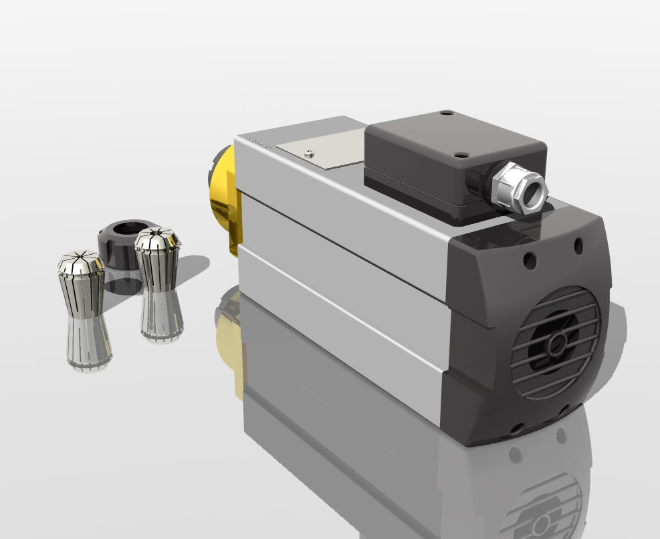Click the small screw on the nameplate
(308, 152)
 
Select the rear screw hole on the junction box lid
(447, 114)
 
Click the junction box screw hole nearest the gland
(460, 155)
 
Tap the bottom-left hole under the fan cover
(516, 427)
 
